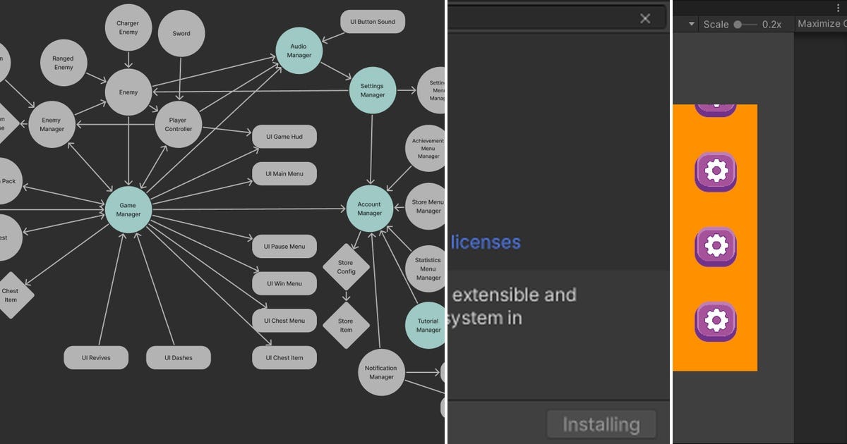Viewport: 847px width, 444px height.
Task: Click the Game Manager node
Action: pyautogui.click(x=128, y=209)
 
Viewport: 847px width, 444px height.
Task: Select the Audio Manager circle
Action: pyautogui.click(x=299, y=51)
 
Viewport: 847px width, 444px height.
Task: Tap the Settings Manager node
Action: pyautogui.click(x=373, y=90)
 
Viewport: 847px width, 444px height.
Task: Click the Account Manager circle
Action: pyautogui.click(x=369, y=209)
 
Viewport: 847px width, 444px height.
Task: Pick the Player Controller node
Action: pyautogui.click(x=179, y=124)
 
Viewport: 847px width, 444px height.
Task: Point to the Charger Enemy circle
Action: pyautogui.click(x=128, y=27)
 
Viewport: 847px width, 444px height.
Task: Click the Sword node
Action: pyautogui.click(x=181, y=33)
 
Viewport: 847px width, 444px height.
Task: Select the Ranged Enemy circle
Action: pyautogui.click(x=64, y=63)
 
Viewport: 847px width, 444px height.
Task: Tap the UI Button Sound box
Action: pyautogui.click(x=373, y=22)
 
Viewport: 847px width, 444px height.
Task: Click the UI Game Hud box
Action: pyautogui.click(x=284, y=137)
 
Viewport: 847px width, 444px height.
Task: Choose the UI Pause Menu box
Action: pyautogui.click(x=284, y=247)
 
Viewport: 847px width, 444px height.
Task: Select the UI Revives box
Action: pyautogui.click(x=96, y=358)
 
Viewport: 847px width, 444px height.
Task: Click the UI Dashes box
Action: pyautogui.click(x=179, y=358)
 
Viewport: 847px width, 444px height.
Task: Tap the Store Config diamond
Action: pyautogui.click(x=346, y=267)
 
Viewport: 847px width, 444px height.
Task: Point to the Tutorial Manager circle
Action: pyautogui.click(x=428, y=326)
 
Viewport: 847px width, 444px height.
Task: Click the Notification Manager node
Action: pyautogui.click(x=381, y=372)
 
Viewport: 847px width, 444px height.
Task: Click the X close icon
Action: pyautogui.click(x=645, y=19)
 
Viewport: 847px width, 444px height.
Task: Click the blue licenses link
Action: pyautogui.click(x=486, y=242)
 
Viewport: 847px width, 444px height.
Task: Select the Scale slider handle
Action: pyautogui.click(x=738, y=24)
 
